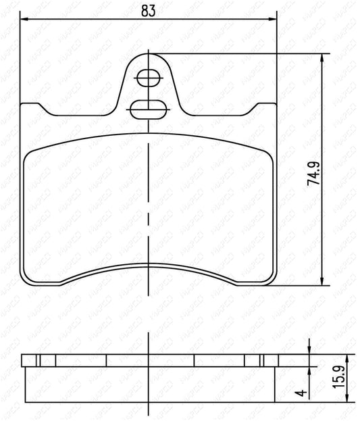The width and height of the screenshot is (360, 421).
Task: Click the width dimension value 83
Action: pyautogui.click(x=149, y=9)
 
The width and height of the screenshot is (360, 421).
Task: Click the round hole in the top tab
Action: pyautogui.click(x=147, y=79)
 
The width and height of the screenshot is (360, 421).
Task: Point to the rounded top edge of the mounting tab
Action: pyautogui.click(x=148, y=54)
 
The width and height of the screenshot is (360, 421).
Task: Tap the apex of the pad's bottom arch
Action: pyautogui.click(x=148, y=262)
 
